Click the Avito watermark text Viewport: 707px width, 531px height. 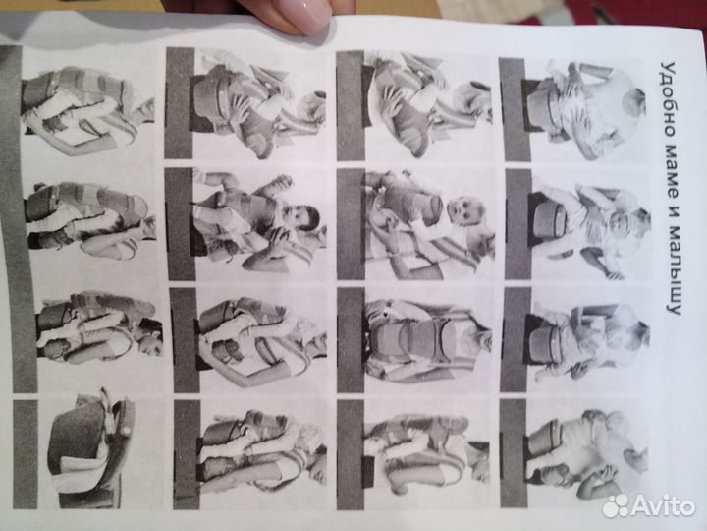coord(662,505)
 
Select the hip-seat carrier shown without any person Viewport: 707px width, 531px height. coord(90,451)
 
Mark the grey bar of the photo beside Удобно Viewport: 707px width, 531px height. coord(514,109)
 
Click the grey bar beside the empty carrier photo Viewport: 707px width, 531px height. coord(25,453)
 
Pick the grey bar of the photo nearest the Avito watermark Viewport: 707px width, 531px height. coord(514,453)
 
